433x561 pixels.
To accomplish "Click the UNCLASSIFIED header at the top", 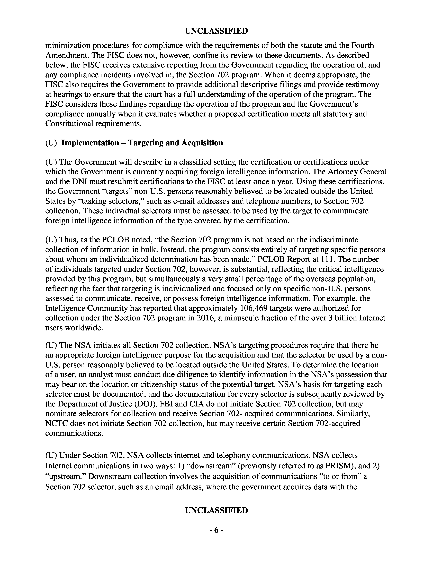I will [216, 31].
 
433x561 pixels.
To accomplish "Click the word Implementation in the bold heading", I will [90, 143].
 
